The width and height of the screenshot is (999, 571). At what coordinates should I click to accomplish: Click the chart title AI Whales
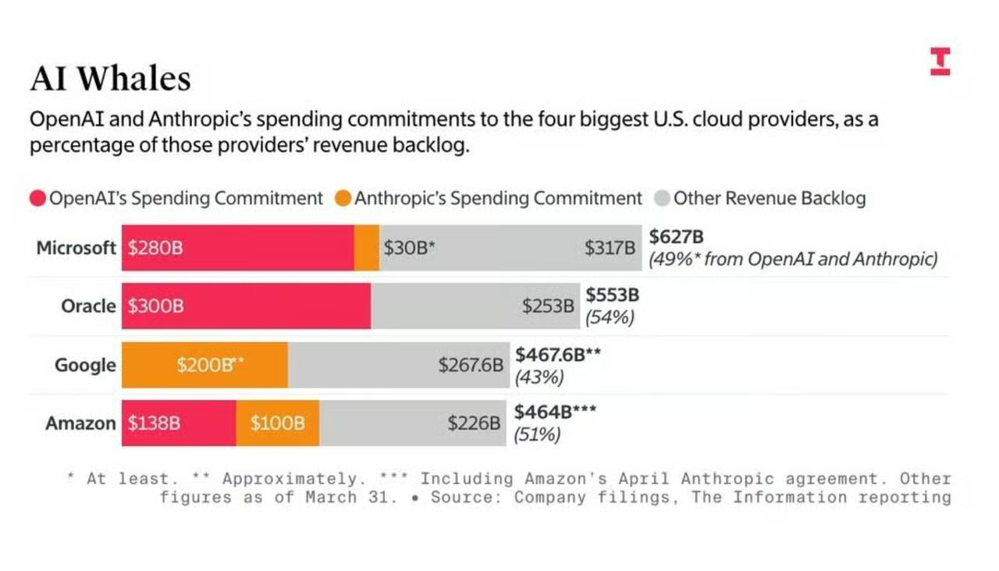click(x=111, y=79)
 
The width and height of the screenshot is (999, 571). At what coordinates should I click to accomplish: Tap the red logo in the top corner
click(x=940, y=62)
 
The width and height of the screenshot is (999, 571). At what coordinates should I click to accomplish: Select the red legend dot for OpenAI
click(x=38, y=198)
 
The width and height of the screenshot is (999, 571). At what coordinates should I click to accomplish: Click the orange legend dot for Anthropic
click(x=343, y=198)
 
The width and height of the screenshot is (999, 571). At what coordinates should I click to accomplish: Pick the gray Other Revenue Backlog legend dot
click(x=663, y=198)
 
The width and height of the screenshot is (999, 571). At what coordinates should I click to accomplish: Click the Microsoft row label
click(x=76, y=248)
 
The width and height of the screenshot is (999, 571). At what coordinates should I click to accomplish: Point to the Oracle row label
click(x=88, y=307)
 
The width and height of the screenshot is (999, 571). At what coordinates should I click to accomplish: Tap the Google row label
click(x=85, y=365)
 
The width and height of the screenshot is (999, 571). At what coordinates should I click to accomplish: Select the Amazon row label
click(x=80, y=423)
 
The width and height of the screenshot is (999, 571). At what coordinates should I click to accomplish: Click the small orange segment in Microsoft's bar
click(x=367, y=248)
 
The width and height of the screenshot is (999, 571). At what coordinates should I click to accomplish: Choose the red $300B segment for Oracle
click(x=246, y=307)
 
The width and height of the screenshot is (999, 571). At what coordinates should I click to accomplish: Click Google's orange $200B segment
click(x=204, y=365)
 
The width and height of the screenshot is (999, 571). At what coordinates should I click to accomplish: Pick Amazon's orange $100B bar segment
click(x=277, y=423)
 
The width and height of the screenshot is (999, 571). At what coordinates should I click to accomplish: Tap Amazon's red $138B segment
click(x=179, y=423)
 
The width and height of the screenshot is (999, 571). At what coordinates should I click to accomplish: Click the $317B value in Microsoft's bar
click(x=610, y=248)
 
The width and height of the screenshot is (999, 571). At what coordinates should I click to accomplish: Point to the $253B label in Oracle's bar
click(x=548, y=307)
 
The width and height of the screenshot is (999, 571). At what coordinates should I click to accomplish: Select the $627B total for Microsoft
click(x=676, y=236)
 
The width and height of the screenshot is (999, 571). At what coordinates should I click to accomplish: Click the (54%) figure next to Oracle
click(x=610, y=317)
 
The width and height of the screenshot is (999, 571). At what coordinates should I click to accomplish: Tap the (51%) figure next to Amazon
click(x=537, y=434)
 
